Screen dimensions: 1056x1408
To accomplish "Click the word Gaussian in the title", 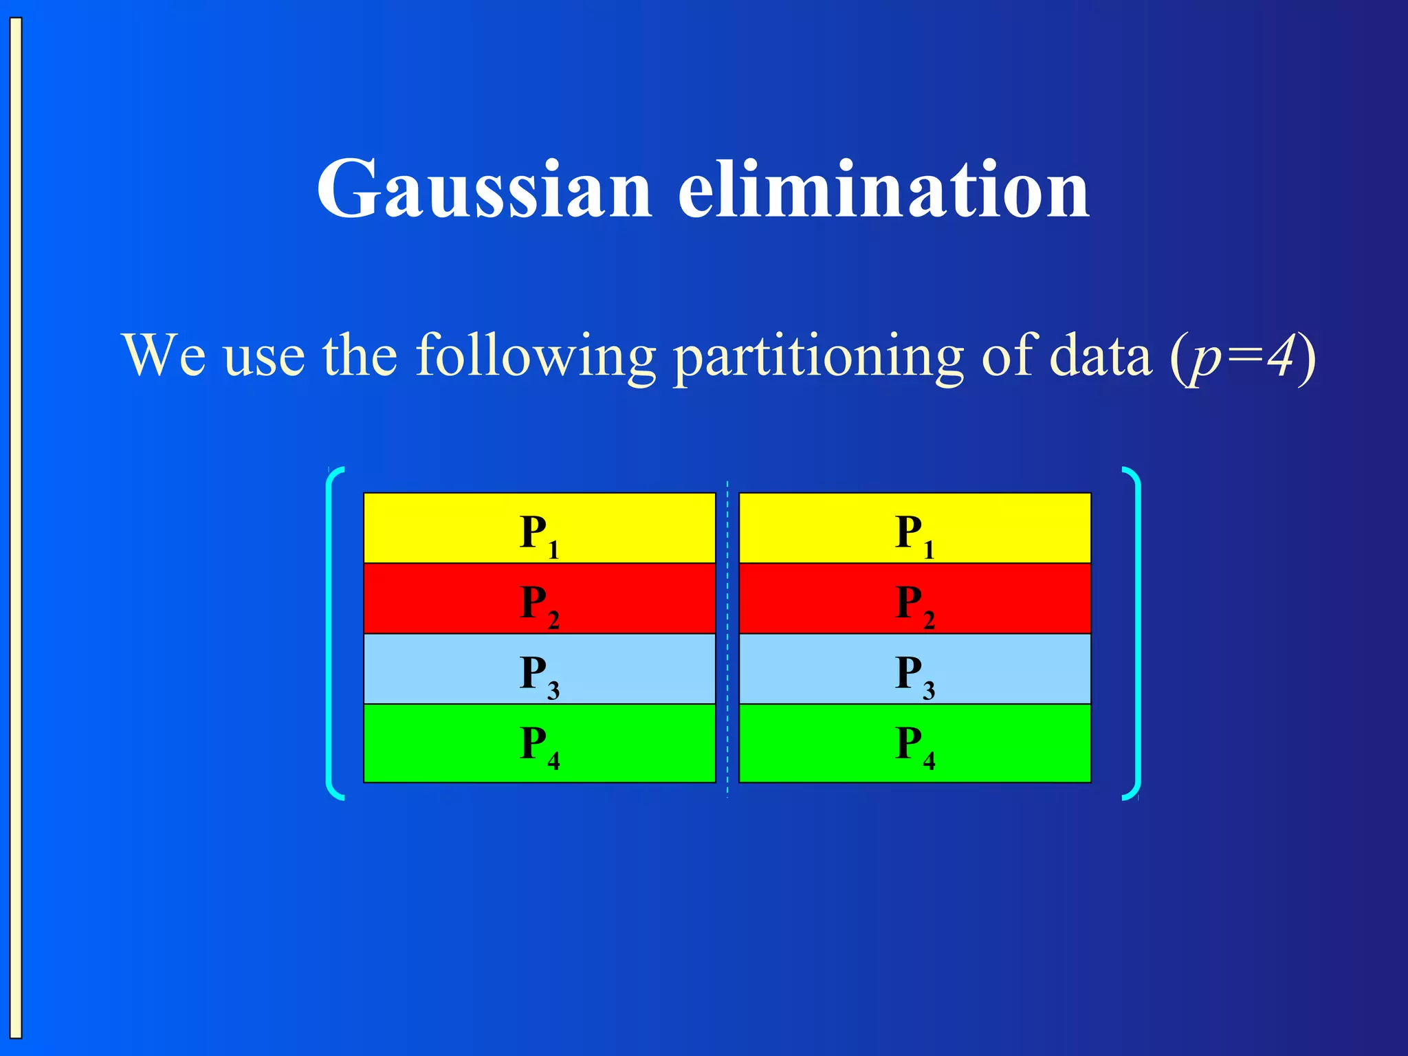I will coord(483,189).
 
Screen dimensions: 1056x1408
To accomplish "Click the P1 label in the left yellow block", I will coord(539,535).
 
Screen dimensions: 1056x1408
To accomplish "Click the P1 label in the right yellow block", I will coord(914,535).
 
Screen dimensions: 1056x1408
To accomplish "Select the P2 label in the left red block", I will coord(539,605).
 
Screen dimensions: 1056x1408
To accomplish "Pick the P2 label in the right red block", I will coord(914,605).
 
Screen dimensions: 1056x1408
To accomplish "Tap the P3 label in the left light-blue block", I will coord(539,675).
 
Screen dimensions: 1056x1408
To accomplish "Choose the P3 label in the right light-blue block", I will coord(914,675).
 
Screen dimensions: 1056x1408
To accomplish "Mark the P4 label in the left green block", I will coord(539,746).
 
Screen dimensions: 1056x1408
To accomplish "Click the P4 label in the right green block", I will coord(914,746).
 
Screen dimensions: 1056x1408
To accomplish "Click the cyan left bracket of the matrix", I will coord(330,632).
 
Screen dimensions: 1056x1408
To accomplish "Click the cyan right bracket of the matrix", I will coord(1137,632).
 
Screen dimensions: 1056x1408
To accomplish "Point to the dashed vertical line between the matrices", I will coord(727,639).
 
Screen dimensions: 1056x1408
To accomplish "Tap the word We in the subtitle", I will coord(164,356).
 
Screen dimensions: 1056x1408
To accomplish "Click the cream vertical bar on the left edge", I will coord(16,528).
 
